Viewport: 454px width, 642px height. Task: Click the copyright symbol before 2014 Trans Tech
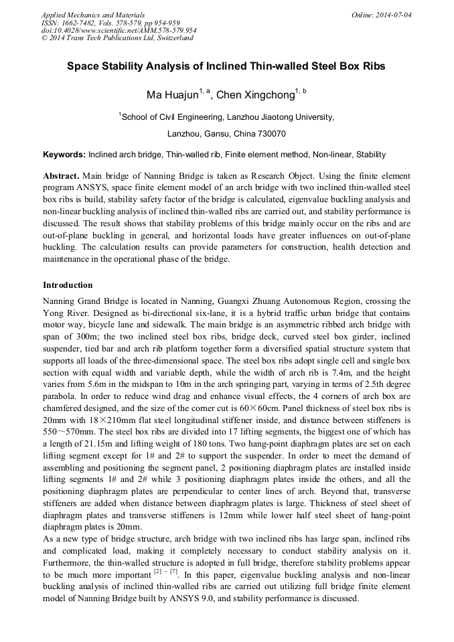44,38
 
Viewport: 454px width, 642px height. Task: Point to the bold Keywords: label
64,155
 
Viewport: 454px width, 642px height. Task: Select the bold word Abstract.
61,174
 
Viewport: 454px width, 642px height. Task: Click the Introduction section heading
68,285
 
